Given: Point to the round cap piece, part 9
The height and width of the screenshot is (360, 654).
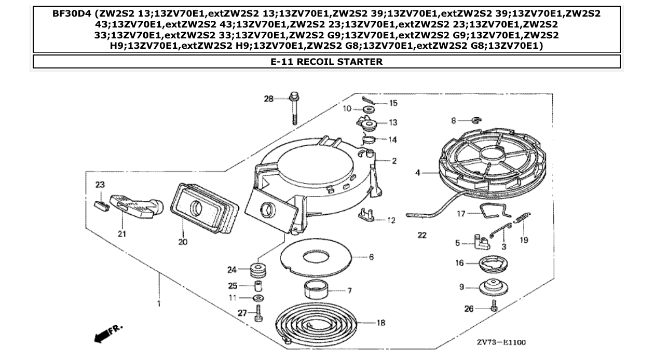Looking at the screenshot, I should click(x=493, y=287).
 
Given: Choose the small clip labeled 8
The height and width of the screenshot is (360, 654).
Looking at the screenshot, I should click(x=474, y=121).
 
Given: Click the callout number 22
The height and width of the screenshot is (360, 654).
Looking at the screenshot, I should click(x=422, y=236).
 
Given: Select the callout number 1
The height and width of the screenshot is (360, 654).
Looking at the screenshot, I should click(x=159, y=303).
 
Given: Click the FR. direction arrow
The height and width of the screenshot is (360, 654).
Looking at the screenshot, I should click(x=107, y=333).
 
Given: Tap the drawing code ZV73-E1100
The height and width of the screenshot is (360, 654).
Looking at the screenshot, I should click(x=501, y=342).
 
